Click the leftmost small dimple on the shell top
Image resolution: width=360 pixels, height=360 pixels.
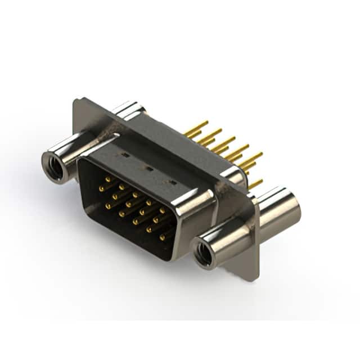[x=124, y=154]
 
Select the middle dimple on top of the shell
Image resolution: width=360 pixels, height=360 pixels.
[x=149, y=168]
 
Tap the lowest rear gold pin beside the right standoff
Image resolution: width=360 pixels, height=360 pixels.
[x=255, y=183]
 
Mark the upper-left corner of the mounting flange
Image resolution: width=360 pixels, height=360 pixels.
[x=76, y=101]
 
